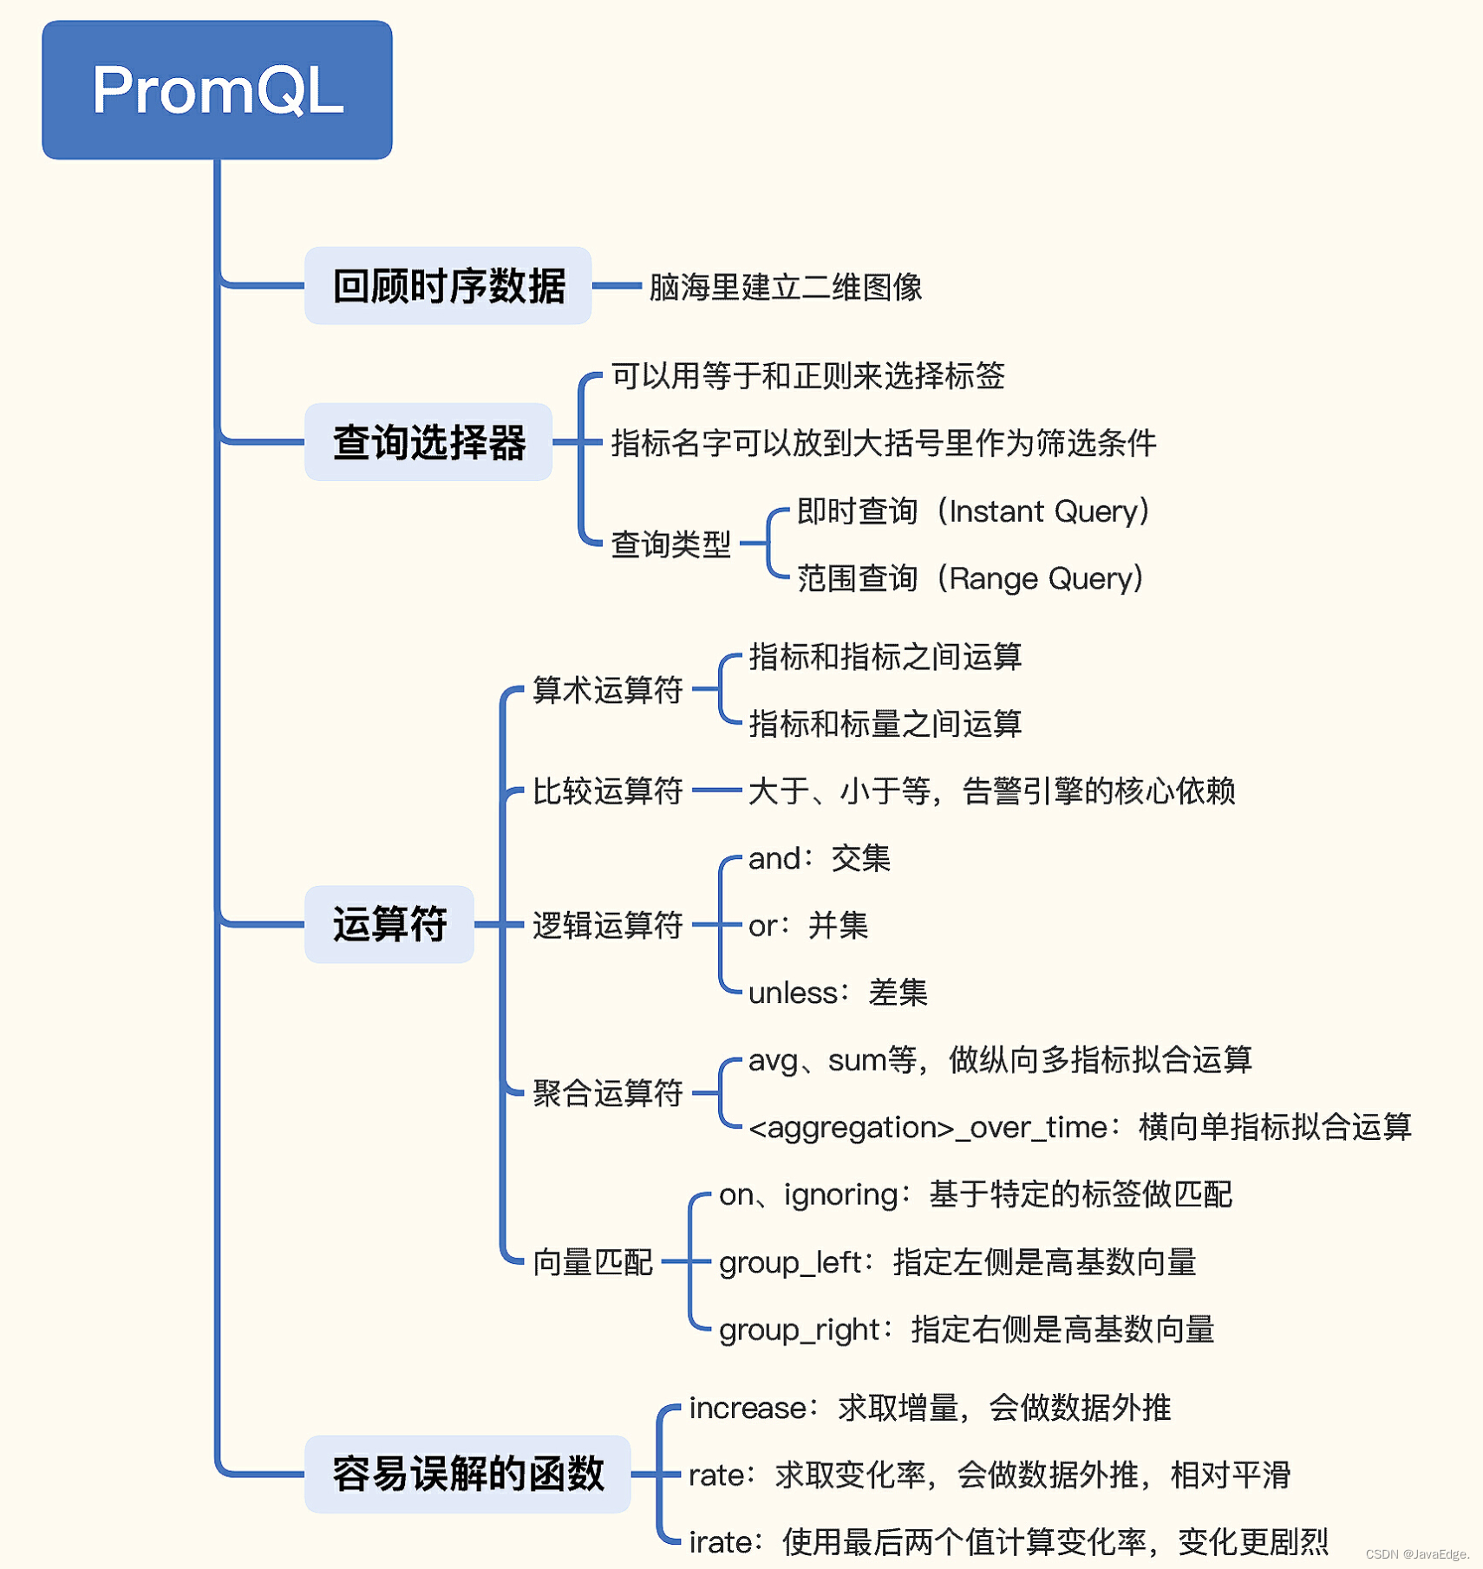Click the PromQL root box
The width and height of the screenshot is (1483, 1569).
(x=217, y=90)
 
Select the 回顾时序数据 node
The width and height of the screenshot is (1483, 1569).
(x=448, y=285)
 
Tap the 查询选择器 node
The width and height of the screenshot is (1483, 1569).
(x=428, y=442)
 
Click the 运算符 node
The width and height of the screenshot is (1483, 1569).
(x=389, y=924)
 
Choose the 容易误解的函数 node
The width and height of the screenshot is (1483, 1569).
(x=467, y=1474)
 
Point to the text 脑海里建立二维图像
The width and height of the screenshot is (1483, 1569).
(x=785, y=287)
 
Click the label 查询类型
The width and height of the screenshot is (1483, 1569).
(x=670, y=544)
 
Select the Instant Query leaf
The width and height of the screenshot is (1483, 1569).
(x=973, y=511)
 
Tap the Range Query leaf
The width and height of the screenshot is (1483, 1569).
(x=970, y=578)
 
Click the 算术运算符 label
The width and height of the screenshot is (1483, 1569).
(x=607, y=690)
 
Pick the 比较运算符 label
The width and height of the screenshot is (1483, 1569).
(x=607, y=791)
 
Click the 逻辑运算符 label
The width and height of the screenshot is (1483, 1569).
(x=607, y=925)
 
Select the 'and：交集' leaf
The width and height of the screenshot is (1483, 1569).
(x=819, y=858)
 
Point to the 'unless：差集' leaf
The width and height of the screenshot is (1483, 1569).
(x=837, y=993)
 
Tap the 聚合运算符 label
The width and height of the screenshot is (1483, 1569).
(x=607, y=1093)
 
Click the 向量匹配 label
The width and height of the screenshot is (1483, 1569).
(x=592, y=1262)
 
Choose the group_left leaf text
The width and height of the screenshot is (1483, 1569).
(x=957, y=1262)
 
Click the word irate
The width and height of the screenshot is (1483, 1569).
(x=720, y=1542)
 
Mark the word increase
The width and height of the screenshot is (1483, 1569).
(x=748, y=1408)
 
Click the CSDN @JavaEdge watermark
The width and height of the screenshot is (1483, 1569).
(x=1417, y=1554)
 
